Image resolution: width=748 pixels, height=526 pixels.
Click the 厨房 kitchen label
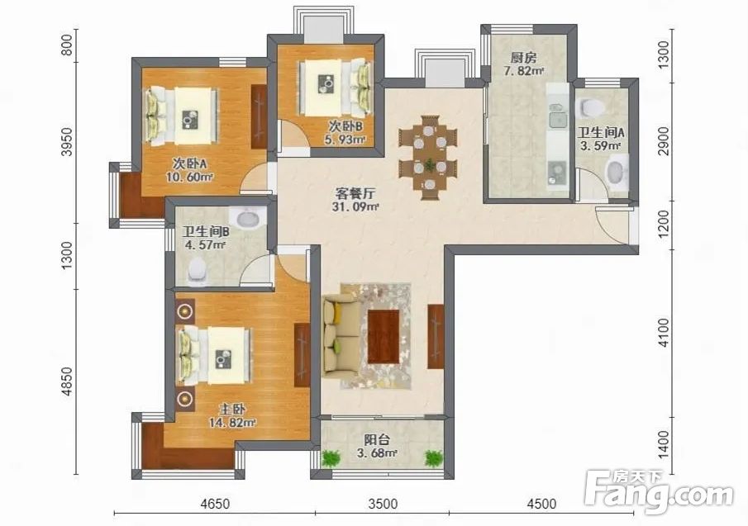[x=523, y=58]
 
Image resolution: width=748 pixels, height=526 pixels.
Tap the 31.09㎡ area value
[x=355, y=206]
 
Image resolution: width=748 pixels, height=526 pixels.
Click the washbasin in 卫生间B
[x=248, y=219]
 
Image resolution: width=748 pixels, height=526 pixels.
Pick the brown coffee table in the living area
[x=384, y=336]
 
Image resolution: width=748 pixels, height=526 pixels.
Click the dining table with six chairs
[x=429, y=157]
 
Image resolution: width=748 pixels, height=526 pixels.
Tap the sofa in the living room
[x=341, y=335]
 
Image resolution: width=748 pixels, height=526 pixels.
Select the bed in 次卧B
[x=335, y=88]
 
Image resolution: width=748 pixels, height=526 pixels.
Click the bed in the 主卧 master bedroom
[x=215, y=355]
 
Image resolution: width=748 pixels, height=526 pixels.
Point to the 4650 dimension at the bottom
[x=215, y=504]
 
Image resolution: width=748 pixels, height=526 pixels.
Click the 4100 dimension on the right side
[x=664, y=333]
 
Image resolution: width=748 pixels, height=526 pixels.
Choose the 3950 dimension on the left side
[x=69, y=141]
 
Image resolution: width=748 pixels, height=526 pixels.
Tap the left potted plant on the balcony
[x=331, y=457]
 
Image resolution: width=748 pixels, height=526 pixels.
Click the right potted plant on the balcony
[x=434, y=457]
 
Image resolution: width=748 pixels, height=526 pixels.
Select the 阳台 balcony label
[x=377, y=439]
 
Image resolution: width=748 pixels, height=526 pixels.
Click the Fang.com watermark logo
[x=659, y=490]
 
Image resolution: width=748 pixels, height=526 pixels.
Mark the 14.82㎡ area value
[x=232, y=422]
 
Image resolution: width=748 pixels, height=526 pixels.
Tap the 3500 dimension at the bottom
[x=383, y=504]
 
